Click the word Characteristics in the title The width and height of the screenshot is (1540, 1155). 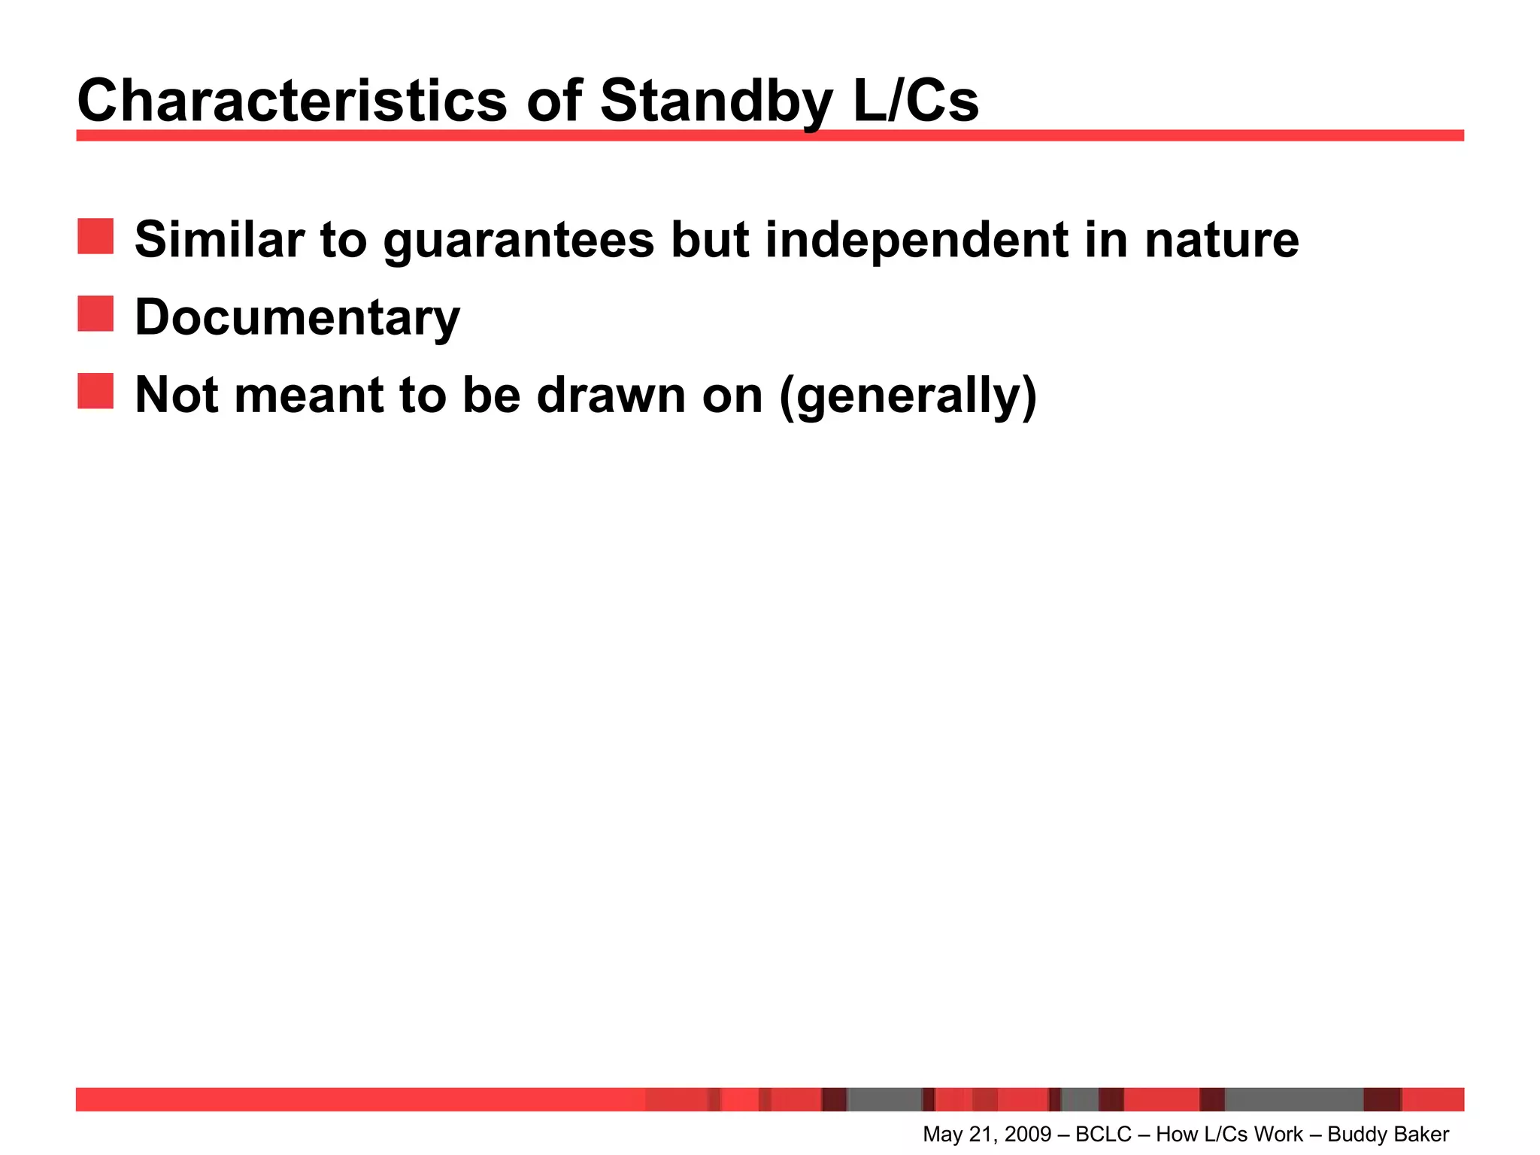[292, 102]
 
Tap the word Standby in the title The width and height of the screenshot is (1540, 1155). [715, 102]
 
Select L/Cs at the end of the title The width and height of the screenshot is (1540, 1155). [915, 102]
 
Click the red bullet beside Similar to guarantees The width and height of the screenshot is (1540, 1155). [95, 237]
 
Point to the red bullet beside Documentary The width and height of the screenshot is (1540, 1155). [95, 314]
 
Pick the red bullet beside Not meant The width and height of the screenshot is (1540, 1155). [95, 391]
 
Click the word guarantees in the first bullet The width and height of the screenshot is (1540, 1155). [519, 241]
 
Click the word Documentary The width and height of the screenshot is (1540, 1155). [297, 318]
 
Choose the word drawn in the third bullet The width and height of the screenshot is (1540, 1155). [611, 395]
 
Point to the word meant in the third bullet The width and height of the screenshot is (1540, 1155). [309, 395]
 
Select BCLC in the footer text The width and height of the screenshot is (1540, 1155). [1103, 1134]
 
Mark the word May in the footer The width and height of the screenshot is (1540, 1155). [941, 1134]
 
